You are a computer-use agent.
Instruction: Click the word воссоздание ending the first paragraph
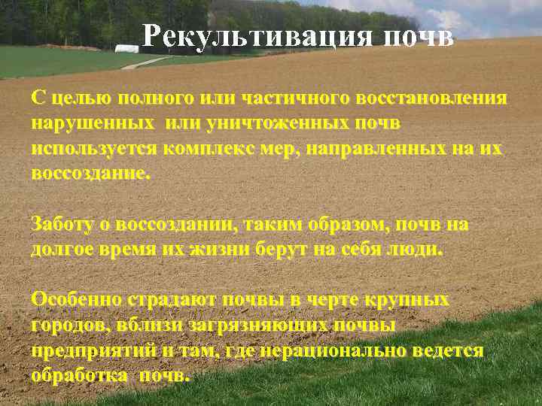pos(90,172)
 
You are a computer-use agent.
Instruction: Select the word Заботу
pos(62,224)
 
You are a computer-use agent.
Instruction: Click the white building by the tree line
pos(129,50)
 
